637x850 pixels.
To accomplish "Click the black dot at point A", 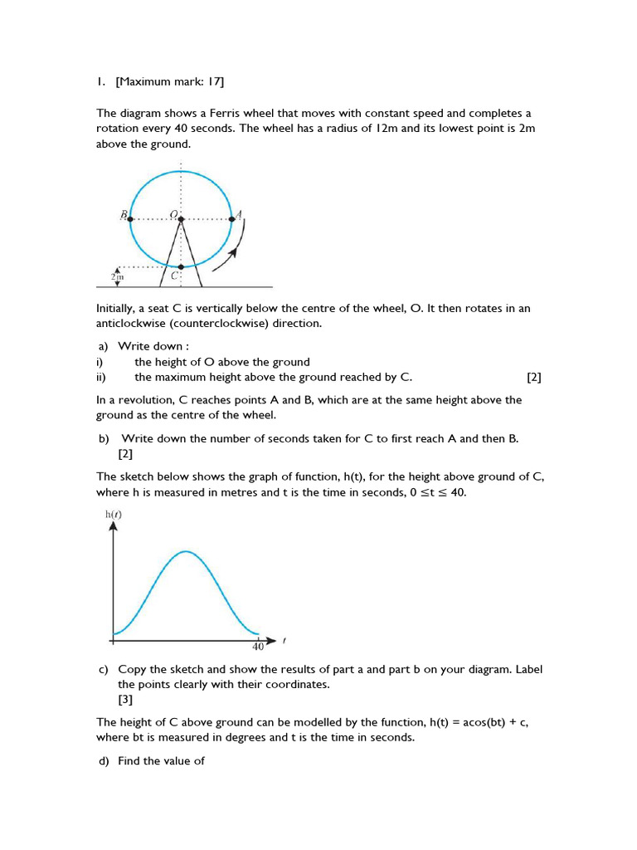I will coord(231,219).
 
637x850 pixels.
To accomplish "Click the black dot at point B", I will coord(130,219).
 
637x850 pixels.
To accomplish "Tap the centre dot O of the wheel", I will coord(181,219).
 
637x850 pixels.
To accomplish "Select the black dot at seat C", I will coord(181,267).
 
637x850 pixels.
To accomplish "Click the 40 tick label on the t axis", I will coord(257,647).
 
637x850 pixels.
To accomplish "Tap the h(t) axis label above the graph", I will coord(114,515).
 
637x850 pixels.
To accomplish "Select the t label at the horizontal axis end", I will coord(284,640).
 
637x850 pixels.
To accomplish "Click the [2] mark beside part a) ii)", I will coord(533,377).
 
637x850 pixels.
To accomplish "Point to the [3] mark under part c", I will coord(125,700).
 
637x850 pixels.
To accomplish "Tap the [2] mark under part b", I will coord(125,453).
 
